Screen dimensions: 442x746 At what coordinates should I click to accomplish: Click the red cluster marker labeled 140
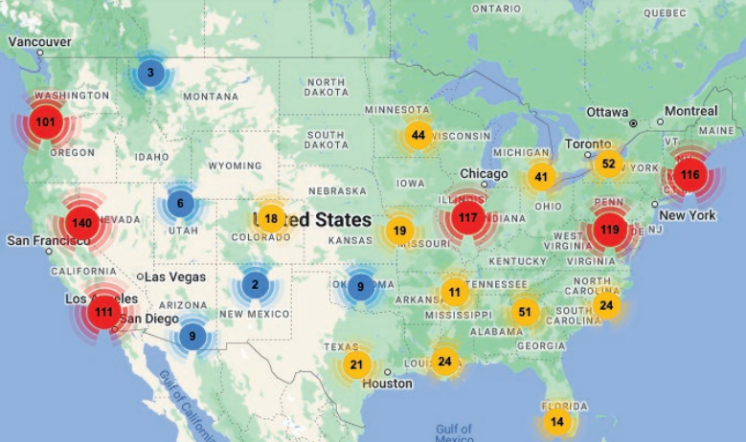point(81,223)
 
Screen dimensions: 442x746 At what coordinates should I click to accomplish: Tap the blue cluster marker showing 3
point(150,72)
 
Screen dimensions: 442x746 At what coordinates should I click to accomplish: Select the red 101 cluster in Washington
point(45,122)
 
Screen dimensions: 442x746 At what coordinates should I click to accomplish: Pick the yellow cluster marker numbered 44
point(418,135)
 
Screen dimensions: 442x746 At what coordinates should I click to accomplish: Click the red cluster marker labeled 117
point(467,218)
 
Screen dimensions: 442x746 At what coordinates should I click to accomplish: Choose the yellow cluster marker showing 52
point(608,164)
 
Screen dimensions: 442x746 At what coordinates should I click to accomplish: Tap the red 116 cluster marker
point(689,175)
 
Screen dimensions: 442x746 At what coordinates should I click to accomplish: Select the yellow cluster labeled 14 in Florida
point(556,421)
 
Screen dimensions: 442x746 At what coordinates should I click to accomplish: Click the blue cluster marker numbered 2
point(255,284)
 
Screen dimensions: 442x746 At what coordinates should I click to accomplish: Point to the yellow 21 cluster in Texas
point(356,364)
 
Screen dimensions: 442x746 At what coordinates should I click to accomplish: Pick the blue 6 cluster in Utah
point(180,203)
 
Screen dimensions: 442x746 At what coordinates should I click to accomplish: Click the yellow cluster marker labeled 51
point(524,312)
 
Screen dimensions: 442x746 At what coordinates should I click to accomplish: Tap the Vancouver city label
point(40,42)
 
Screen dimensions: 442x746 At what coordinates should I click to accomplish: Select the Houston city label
point(388,384)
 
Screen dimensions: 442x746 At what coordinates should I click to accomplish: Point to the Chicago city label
point(484,173)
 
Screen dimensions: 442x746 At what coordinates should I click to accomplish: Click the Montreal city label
point(690,111)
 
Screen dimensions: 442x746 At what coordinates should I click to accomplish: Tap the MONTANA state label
point(211,97)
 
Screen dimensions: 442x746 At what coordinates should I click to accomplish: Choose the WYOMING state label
point(235,166)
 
